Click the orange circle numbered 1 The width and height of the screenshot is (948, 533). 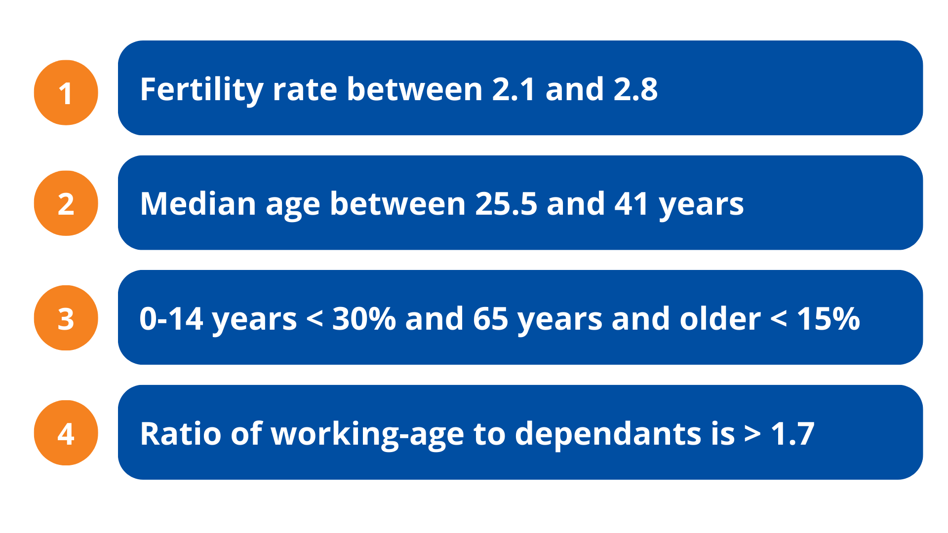(66, 92)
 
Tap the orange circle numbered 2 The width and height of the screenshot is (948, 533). (66, 203)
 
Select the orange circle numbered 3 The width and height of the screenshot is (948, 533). (66, 318)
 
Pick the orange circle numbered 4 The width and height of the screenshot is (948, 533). (66, 433)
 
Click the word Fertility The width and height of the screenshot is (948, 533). (201, 90)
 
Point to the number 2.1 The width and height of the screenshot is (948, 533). (514, 89)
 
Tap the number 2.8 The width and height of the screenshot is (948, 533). (635, 89)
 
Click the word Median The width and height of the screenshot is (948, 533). (198, 204)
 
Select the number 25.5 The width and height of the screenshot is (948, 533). (506, 204)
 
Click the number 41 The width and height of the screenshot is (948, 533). (632, 204)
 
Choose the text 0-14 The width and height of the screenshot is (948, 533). (171, 319)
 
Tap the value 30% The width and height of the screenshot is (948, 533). (364, 319)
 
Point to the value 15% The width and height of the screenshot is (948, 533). (829, 319)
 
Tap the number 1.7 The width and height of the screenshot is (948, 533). (792, 434)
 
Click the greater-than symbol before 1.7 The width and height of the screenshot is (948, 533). (752, 434)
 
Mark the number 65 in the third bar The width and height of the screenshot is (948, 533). (490, 319)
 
